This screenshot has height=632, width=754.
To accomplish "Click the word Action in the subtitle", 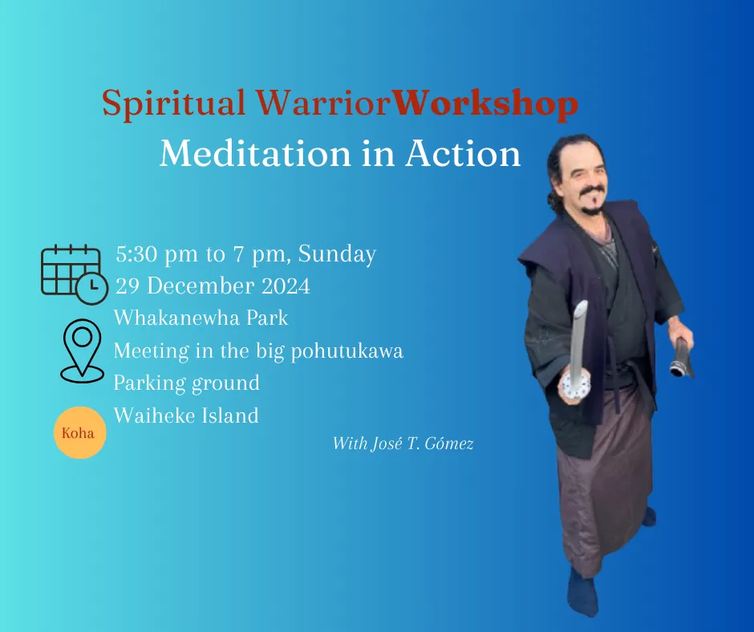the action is click(x=463, y=154).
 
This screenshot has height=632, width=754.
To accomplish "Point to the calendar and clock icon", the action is click(x=75, y=274).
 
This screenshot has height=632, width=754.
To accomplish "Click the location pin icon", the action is click(x=83, y=350).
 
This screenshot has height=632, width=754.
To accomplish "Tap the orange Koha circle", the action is click(x=80, y=432).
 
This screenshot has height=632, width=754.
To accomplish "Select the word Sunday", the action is click(x=337, y=254).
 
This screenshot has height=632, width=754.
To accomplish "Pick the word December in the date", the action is click(x=201, y=286).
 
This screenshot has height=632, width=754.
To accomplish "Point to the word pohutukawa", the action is click(x=347, y=351).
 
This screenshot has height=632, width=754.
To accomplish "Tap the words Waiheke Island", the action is click(x=186, y=415).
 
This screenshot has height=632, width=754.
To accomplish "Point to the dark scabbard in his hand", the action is click(x=682, y=358).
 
